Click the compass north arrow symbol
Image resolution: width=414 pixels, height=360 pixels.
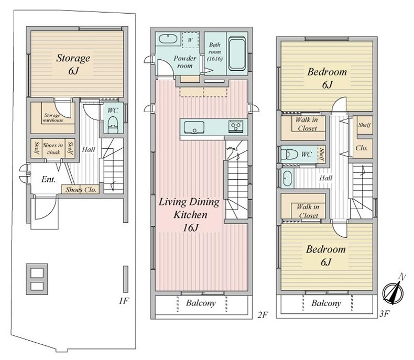pyautogui.click(x=394, y=290)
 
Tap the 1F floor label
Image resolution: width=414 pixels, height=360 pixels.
pyautogui.click(x=124, y=301)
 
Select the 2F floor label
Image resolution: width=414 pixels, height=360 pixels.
pyautogui.click(x=263, y=314)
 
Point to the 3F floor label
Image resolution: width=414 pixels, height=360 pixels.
pyautogui.click(x=385, y=313)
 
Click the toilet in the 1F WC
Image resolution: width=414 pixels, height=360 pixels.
pyautogui.click(x=113, y=124)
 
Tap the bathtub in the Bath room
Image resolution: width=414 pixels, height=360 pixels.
pyautogui.click(x=237, y=53)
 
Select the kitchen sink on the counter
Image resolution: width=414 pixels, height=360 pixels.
pyautogui.click(x=194, y=127)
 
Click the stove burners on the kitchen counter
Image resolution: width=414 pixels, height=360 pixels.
pyautogui.click(x=236, y=126)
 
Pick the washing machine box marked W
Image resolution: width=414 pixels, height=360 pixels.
pyautogui.click(x=190, y=40)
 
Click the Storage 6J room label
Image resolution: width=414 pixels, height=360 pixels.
pyautogui.click(x=73, y=64)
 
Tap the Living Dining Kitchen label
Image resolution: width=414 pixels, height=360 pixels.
pyautogui.click(x=189, y=214)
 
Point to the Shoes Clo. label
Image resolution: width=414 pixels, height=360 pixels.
pyautogui.click(x=81, y=190)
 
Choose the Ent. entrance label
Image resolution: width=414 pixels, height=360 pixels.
pyautogui.click(x=48, y=179)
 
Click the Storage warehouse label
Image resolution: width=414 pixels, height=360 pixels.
pyautogui.click(x=53, y=118)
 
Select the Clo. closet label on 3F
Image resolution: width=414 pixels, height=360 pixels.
pyautogui.click(x=362, y=148)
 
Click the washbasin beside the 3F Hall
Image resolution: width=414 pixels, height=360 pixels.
pyautogui.click(x=287, y=178)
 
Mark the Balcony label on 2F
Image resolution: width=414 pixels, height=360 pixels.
pyautogui.click(x=201, y=303)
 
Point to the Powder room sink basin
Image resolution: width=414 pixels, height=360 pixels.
pyautogui.click(x=168, y=39)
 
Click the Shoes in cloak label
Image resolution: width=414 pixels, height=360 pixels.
pyautogui.click(x=53, y=149)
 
